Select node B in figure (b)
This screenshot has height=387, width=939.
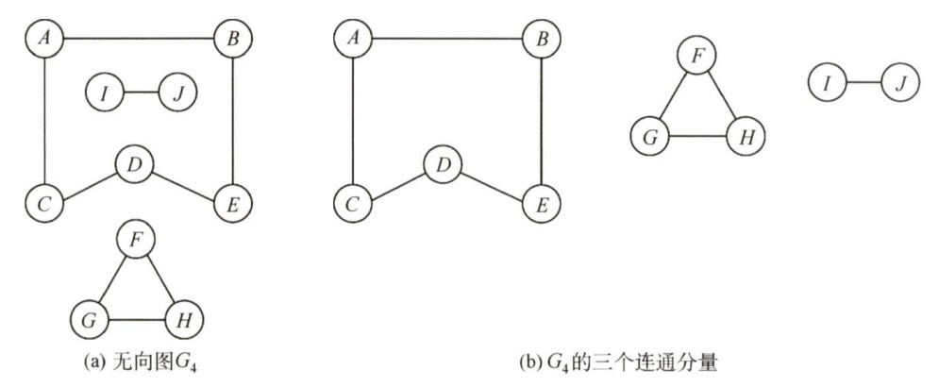click(x=539, y=41)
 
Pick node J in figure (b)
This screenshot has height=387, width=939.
click(x=899, y=85)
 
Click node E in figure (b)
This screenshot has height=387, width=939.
click(x=539, y=202)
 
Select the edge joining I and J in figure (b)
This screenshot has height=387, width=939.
click(x=863, y=85)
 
